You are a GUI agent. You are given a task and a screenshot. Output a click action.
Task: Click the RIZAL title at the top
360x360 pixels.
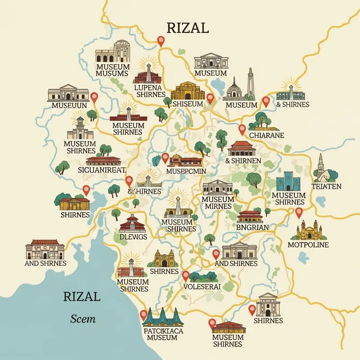coord(188,28)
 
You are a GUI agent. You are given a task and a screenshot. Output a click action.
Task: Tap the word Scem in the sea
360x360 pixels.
coord(83,319)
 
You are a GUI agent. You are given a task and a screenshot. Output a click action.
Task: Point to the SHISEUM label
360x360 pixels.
coord(188,104)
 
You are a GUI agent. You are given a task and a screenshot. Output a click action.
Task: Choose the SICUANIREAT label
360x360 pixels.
coord(102,170)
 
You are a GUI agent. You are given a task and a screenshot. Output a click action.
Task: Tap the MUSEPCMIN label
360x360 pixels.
coord(186,171)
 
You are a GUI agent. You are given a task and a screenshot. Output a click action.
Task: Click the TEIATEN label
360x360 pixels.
coord(326,186)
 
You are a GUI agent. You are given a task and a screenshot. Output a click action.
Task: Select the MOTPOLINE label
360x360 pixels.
coord(308,245)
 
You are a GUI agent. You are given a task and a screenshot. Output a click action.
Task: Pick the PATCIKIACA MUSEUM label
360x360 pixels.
coord(162,333)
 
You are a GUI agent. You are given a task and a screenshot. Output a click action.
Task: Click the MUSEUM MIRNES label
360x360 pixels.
coord(218,202)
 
